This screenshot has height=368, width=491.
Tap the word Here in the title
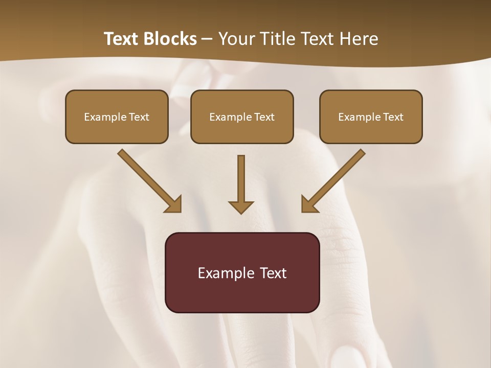[x=358, y=39]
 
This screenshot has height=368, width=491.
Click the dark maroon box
[x=242, y=291]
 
